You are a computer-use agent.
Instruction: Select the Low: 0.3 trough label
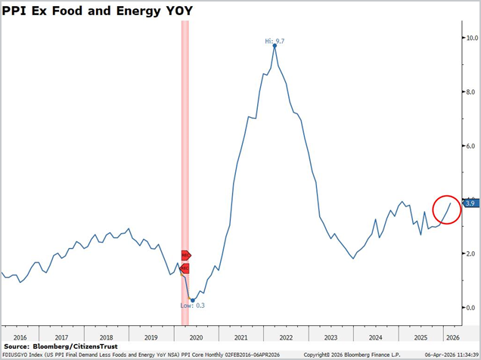point(192,306)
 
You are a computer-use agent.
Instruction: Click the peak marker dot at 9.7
point(275,45)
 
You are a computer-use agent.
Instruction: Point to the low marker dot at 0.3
point(192,299)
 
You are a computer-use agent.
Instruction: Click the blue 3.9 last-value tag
point(469,203)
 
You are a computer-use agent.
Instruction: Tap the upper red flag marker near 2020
point(185,256)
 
